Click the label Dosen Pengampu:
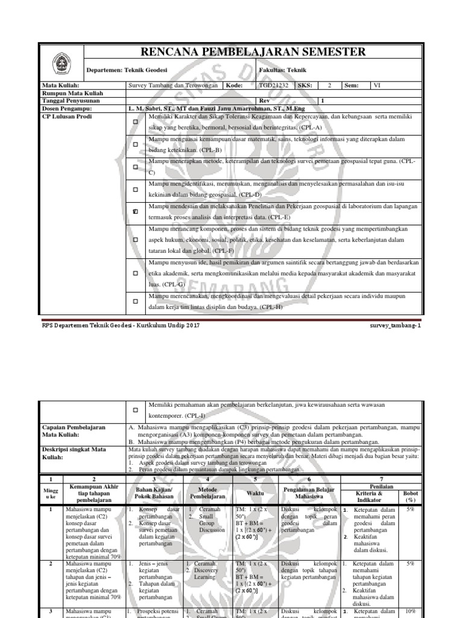[66, 108]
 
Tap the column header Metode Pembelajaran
[208, 492]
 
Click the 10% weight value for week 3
[410, 611]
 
